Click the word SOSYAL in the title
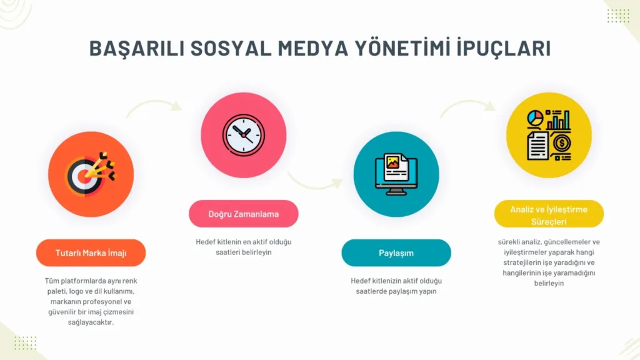[x=231, y=48]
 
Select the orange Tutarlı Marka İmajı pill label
[x=91, y=253]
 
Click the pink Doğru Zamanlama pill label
[x=244, y=214]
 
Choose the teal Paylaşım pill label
[x=396, y=253]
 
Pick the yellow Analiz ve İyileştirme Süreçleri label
[x=549, y=214]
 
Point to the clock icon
[x=244, y=135]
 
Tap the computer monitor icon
[x=396, y=174]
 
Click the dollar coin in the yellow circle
[x=562, y=143]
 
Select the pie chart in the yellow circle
[x=535, y=118]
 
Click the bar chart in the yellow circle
[x=558, y=120]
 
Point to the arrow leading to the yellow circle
[x=467, y=104]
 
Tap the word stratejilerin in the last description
[x=522, y=262]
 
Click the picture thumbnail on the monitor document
[x=392, y=162]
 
